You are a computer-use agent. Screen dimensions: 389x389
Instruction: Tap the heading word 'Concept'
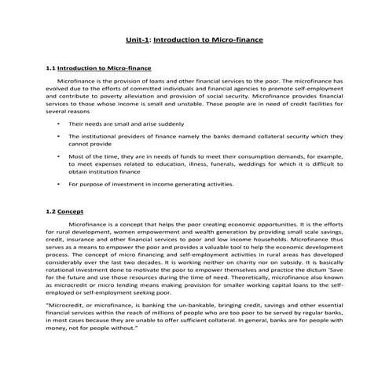(70, 212)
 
